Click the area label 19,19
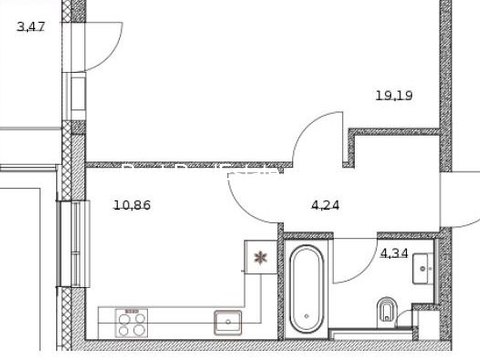(x=394, y=96)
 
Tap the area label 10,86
(x=132, y=205)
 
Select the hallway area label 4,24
(x=325, y=205)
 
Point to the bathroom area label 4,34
(x=394, y=253)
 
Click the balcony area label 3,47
(x=31, y=26)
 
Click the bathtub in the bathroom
(x=306, y=289)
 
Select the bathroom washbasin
(x=423, y=268)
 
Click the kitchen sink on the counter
(x=228, y=322)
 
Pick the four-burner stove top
(x=132, y=323)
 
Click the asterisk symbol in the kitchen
(x=260, y=258)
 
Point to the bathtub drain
(x=307, y=316)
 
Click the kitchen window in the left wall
(x=73, y=244)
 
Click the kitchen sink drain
(x=228, y=322)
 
